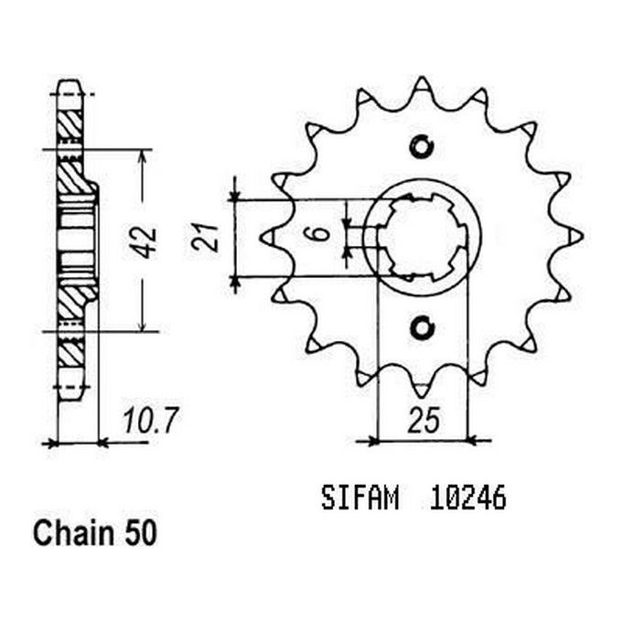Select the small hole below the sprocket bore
pyautogui.click(x=422, y=327)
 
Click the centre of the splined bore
pyautogui.click(x=422, y=236)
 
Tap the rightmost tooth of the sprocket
pyautogui.click(x=574, y=236)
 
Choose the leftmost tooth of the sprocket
pyautogui.click(x=268, y=237)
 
